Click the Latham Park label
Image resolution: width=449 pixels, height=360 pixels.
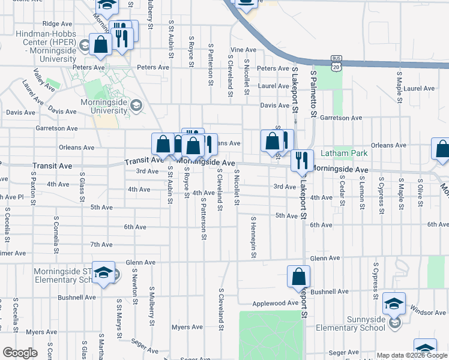click(x=343, y=154)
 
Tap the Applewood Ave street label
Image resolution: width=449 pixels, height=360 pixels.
click(x=275, y=304)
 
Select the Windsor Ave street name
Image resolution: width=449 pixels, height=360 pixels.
click(x=429, y=312)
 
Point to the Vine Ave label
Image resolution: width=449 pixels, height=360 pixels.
click(x=243, y=50)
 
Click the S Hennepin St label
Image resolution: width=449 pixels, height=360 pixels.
click(x=254, y=238)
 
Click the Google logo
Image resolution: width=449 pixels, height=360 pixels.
click(x=19, y=353)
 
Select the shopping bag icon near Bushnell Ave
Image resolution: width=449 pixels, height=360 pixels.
click(x=298, y=277)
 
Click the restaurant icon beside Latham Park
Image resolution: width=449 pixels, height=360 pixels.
click(x=302, y=160)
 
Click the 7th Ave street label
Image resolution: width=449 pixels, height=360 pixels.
click(x=101, y=244)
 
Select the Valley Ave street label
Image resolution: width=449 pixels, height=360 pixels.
click(x=44, y=79)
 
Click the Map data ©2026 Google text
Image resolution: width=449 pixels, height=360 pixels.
click(x=412, y=355)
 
